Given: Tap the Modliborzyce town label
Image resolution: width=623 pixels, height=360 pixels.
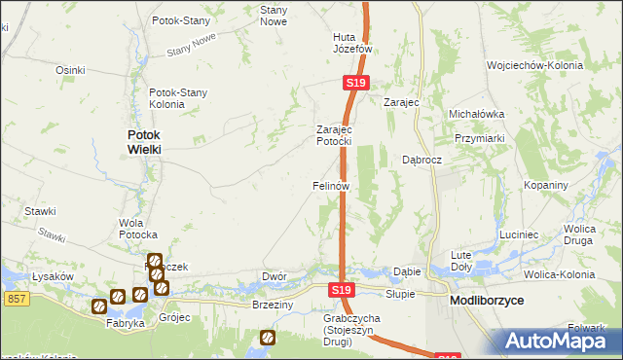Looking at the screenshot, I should tap(487, 302).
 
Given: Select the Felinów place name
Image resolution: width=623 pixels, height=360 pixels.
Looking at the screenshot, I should tap(330, 185).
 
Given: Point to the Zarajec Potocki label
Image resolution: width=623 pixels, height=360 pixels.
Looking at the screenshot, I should tap(333, 135).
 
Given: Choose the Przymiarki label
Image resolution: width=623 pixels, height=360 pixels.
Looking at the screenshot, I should tap(482, 139).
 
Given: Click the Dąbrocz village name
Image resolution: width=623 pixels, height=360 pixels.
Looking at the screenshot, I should tap(422, 160).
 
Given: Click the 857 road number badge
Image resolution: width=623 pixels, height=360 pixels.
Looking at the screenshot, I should tap(14, 297).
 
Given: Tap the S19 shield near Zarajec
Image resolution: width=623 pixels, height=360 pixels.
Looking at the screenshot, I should tap(355, 85).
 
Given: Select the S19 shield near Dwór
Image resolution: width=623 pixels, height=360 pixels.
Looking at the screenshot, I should tap(340, 290).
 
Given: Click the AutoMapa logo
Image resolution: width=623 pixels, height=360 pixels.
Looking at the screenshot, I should tap(555, 342).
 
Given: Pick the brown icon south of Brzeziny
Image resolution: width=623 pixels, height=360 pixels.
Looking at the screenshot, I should tap(267, 338).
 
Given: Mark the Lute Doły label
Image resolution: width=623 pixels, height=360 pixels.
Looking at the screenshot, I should tap(460, 260).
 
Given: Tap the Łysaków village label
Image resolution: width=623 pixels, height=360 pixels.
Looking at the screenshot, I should tap(55, 276).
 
